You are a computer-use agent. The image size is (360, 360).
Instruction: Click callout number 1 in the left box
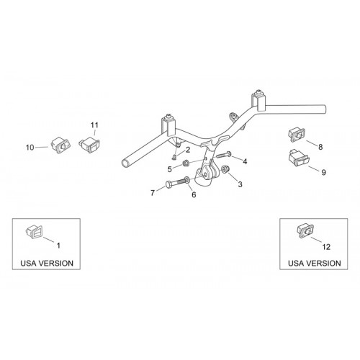(58, 246)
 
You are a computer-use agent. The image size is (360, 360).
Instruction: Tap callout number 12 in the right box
(327, 247)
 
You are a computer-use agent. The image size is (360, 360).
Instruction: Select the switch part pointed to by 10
(60, 145)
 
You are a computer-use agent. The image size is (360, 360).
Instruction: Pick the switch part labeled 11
(89, 145)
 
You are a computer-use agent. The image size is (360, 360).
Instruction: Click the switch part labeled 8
(297, 135)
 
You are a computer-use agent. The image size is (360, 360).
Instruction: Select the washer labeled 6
(187, 179)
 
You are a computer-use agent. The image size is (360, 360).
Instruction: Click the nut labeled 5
(186, 163)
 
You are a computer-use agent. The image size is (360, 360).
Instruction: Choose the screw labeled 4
(224, 155)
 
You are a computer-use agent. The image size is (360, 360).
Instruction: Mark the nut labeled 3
(225, 169)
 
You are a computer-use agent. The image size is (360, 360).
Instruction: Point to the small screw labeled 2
(174, 157)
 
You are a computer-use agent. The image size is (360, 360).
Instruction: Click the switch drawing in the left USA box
(35, 232)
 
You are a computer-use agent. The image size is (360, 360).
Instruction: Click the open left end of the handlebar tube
(125, 164)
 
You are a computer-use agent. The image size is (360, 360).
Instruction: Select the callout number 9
(323, 172)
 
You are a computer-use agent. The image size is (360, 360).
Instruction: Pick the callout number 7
(153, 193)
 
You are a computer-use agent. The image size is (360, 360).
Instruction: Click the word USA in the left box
(29, 263)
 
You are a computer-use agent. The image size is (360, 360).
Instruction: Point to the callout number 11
(94, 125)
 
